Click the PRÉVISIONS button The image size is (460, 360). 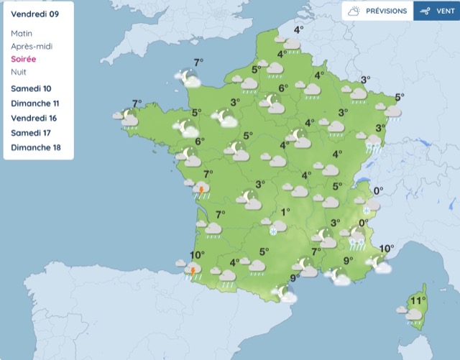point(377,11)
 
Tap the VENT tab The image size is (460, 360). point(436,11)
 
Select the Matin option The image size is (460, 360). point(22,33)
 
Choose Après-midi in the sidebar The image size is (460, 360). point(32,46)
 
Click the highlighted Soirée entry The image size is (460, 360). point(24,59)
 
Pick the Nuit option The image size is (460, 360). point(19,72)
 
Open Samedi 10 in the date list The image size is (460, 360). point(32,88)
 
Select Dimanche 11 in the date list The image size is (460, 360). point(35,103)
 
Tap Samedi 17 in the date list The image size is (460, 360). point(32,134)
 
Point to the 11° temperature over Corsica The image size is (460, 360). point(418,300)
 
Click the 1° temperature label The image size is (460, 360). point(285,212)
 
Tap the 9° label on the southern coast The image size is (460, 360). point(294,278)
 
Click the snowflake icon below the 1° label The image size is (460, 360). point(274,231)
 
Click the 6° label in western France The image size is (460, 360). point(199,142)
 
